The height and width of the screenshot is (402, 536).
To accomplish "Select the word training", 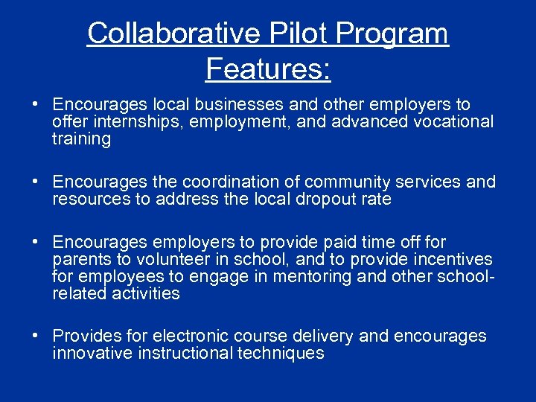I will coord(81,139).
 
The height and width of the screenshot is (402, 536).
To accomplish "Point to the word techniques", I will coord(281,353).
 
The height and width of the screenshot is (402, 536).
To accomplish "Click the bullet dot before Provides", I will coord(36,336).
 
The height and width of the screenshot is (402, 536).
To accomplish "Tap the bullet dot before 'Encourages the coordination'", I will coord(36,182).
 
